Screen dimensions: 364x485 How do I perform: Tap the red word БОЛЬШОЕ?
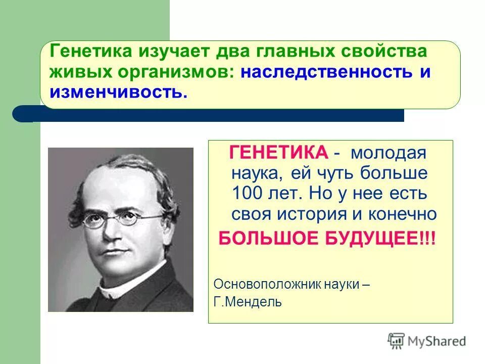(268, 238)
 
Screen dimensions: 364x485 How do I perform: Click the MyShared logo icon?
(397, 341)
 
